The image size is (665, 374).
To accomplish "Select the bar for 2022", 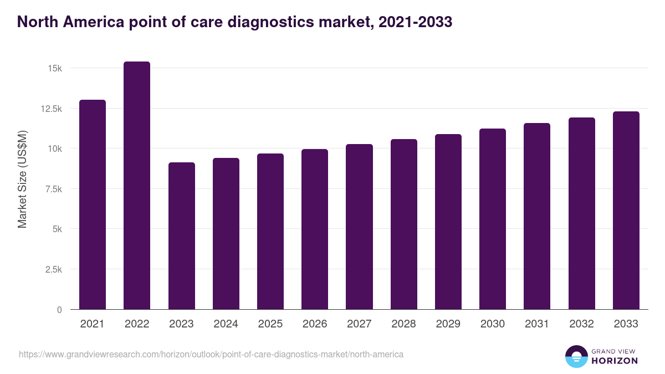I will coord(137,186).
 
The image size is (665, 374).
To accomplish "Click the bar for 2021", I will coord(93,204).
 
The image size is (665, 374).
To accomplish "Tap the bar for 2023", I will coord(181,236).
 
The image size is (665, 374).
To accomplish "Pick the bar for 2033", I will coord(626,211).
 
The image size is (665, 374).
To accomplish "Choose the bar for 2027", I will coord(359,227).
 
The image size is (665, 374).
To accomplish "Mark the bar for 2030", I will coord(493,219).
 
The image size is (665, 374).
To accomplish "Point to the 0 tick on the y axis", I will coord(59,310).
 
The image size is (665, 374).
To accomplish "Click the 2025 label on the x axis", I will coord(270,324).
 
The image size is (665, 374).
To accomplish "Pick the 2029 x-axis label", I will coord(448,324).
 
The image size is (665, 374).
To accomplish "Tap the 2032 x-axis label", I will coord(581,324).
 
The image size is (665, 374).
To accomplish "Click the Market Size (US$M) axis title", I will coord(22,179).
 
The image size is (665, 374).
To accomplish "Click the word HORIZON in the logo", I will coord(614,361).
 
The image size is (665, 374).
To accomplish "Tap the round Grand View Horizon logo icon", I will coord(576,356).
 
